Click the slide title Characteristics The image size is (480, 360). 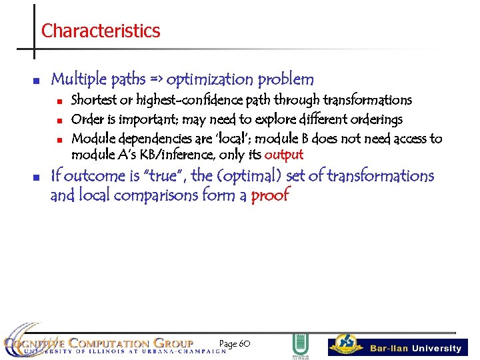[101, 31]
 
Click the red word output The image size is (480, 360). [283, 155]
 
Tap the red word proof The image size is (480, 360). [270, 195]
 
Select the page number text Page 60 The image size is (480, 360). [234, 343]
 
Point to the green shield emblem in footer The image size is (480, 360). [300, 345]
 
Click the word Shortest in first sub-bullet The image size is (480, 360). [93, 100]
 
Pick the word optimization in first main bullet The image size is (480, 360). [206, 80]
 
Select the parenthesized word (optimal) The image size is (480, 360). [241, 176]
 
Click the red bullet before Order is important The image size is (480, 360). [59, 121]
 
